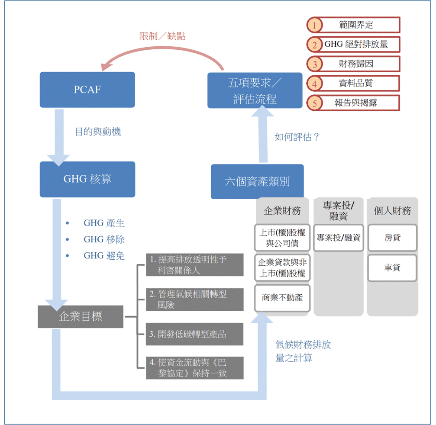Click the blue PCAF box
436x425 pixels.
(x=87, y=90)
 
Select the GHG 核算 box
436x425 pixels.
(x=87, y=179)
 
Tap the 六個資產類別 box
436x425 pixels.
(x=257, y=181)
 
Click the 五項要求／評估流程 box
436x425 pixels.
(x=255, y=90)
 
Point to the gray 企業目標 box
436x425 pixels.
(x=81, y=316)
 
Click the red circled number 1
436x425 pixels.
(x=314, y=25)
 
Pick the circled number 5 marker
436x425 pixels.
(x=314, y=103)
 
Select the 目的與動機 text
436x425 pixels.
(x=98, y=132)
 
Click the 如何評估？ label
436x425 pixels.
(x=297, y=137)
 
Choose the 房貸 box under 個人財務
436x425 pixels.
(x=392, y=238)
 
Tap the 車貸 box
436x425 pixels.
(x=392, y=268)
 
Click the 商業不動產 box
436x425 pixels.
(x=282, y=298)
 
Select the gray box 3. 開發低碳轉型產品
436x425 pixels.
(x=194, y=334)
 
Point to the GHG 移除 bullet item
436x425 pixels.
(x=104, y=239)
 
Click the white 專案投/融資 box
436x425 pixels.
(x=339, y=238)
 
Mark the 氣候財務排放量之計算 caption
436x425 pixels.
(x=303, y=351)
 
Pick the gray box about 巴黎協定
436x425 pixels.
(x=194, y=367)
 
